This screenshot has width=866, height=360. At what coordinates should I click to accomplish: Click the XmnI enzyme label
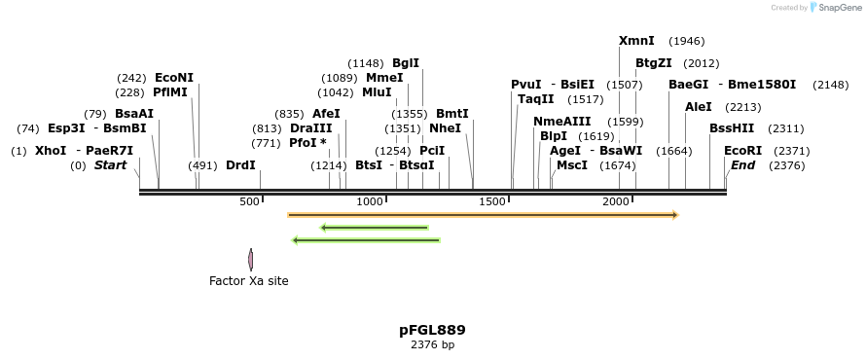[x=636, y=41]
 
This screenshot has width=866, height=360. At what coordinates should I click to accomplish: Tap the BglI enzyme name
[x=406, y=63]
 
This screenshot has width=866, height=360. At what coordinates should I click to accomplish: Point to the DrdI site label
[x=240, y=165]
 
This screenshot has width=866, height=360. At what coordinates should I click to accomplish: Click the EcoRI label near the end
[x=743, y=151]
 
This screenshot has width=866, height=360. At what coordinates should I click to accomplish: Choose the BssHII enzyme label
[x=732, y=128]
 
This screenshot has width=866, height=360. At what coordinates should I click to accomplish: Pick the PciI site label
[x=432, y=151]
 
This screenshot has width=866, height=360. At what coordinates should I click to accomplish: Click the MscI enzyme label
[x=572, y=165]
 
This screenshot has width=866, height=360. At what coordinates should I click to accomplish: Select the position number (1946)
[x=687, y=42]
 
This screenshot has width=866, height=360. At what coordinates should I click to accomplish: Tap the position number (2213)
[x=743, y=107]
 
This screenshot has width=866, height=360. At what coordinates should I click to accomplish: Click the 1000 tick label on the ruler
[x=371, y=201]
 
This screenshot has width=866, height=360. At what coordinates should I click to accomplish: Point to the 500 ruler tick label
[x=249, y=201]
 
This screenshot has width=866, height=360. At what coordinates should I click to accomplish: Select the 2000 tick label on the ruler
[x=617, y=201]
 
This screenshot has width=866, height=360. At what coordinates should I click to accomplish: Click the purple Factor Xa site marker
[x=250, y=260]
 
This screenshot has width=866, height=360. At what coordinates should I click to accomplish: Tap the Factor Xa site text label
[x=249, y=281]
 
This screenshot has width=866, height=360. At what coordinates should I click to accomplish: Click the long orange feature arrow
[x=483, y=214]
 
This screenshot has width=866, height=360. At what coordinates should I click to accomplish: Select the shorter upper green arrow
[x=375, y=228]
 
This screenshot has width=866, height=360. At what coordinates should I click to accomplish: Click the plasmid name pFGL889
[x=432, y=330]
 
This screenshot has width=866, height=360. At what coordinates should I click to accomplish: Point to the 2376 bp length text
[x=432, y=344]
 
